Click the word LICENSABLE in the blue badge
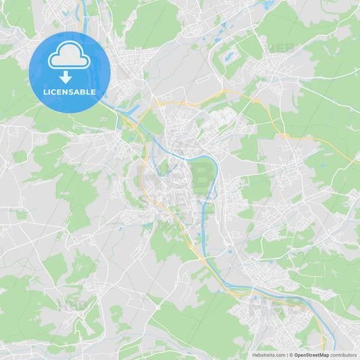coord(70,93)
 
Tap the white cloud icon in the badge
coord(69,56)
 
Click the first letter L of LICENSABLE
coord(44,93)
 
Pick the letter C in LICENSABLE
coord(54,93)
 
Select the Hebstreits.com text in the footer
coord(269,355)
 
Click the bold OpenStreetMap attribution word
coord(311,355)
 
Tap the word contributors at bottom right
coord(343,355)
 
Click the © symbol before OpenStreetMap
coord(290,355)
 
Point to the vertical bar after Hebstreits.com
coord(286,355)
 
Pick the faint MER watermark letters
coord(280,48)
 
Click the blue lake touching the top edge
coord(269,3)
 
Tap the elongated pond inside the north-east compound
coord(229,57)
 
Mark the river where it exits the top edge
coord(82,3)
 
